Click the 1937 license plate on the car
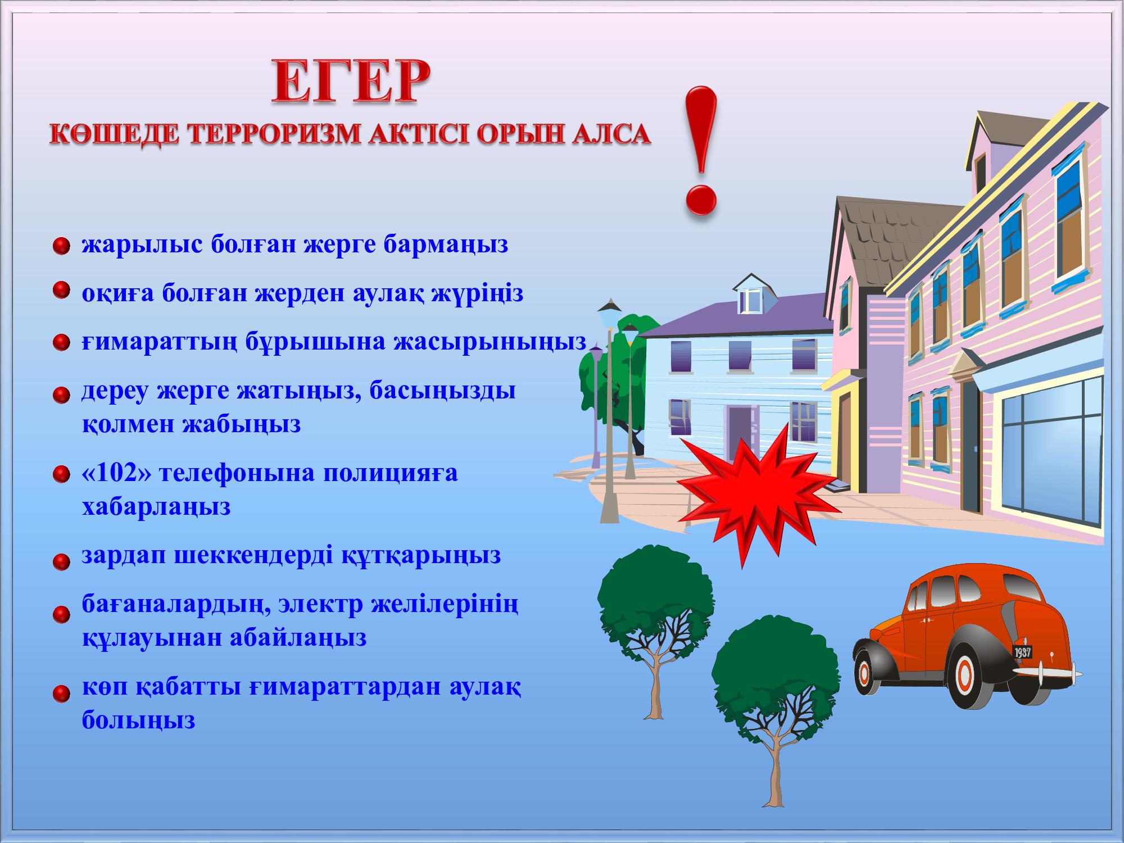pyautogui.click(x=1023, y=652)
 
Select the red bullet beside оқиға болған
pyautogui.click(x=61, y=291)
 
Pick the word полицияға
pyautogui.click(x=390, y=474)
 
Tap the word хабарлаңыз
pyautogui.click(x=156, y=507)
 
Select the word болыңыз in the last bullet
pyautogui.click(x=138, y=720)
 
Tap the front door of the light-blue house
pyautogui.click(x=740, y=430)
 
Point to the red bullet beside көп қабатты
pyautogui.click(x=61, y=694)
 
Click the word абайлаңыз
pyautogui.click(x=298, y=638)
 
